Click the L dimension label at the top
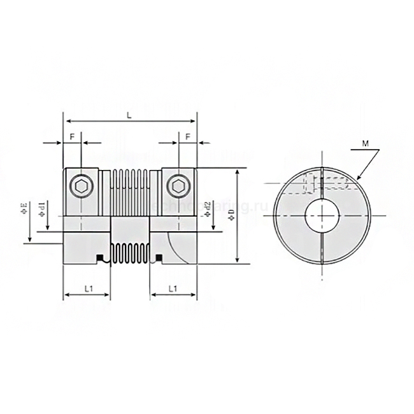tap(129, 115)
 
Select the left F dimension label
tap(72, 136)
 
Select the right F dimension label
tap(187, 136)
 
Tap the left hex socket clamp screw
tap(82, 185)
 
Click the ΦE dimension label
tap(24, 208)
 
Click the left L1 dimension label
tap(89, 289)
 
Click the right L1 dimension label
tap(173, 289)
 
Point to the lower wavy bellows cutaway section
tap(131, 252)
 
